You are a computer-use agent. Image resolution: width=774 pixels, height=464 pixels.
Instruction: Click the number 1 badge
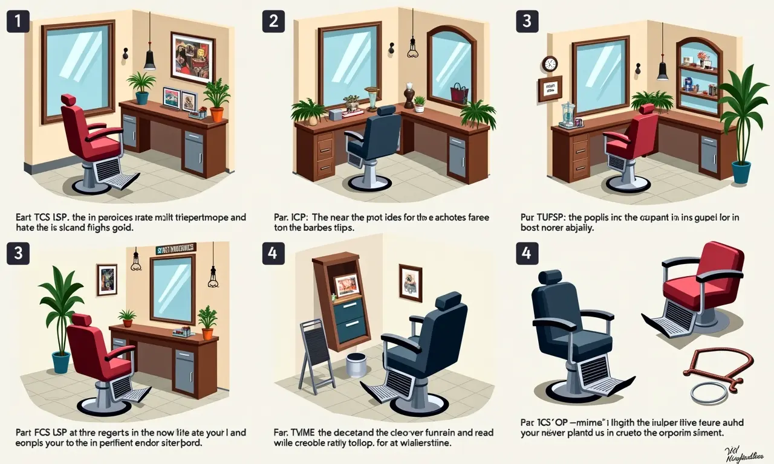pos(18,21)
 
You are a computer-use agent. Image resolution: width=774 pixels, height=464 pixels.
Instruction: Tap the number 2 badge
pos(273,21)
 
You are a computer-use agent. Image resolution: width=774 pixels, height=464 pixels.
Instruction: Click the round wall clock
pos(550,64)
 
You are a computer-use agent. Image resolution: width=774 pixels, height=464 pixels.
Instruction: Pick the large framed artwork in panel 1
pos(193,57)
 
